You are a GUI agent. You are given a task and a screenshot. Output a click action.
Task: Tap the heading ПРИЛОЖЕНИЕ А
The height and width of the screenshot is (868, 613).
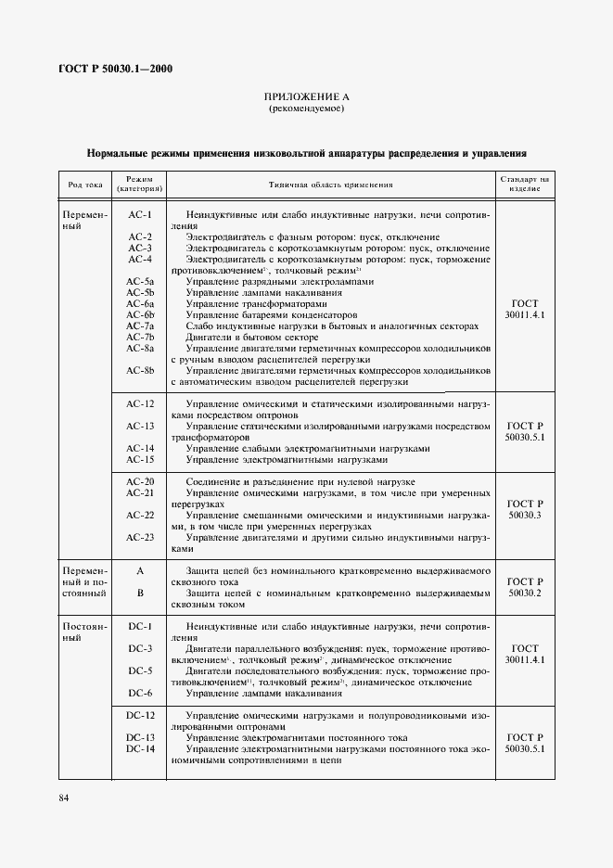point(306,97)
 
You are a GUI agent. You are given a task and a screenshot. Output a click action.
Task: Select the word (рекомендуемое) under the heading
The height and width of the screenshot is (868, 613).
point(306,109)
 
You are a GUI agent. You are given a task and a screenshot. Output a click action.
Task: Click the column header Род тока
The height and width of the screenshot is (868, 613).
point(84,184)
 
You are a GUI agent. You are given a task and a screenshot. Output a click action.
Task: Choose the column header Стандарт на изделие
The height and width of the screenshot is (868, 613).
point(525,184)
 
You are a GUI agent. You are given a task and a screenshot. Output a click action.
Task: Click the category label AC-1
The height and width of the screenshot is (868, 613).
point(140,215)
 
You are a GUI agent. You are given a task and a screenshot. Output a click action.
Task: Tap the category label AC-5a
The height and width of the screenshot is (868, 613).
point(140,281)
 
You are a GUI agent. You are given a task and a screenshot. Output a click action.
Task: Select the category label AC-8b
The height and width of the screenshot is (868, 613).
point(140,370)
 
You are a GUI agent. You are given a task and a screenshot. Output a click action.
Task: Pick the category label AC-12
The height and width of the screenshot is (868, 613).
point(140,403)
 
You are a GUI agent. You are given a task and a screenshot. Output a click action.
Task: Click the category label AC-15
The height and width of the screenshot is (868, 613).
point(140,459)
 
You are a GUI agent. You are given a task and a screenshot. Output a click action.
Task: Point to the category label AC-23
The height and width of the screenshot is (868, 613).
point(140,537)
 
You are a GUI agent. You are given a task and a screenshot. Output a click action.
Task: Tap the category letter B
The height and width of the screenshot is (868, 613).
point(140,592)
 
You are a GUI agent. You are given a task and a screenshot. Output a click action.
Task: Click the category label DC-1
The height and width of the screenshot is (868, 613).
point(140,626)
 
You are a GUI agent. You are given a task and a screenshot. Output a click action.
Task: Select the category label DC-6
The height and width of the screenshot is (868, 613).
point(140,693)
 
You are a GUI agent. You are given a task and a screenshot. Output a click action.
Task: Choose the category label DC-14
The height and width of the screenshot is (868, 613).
point(140,748)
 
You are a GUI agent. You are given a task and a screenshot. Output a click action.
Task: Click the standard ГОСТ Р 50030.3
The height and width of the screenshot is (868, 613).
point(525,509)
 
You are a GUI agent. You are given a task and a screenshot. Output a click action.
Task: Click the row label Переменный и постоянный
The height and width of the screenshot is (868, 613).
point(84,581)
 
